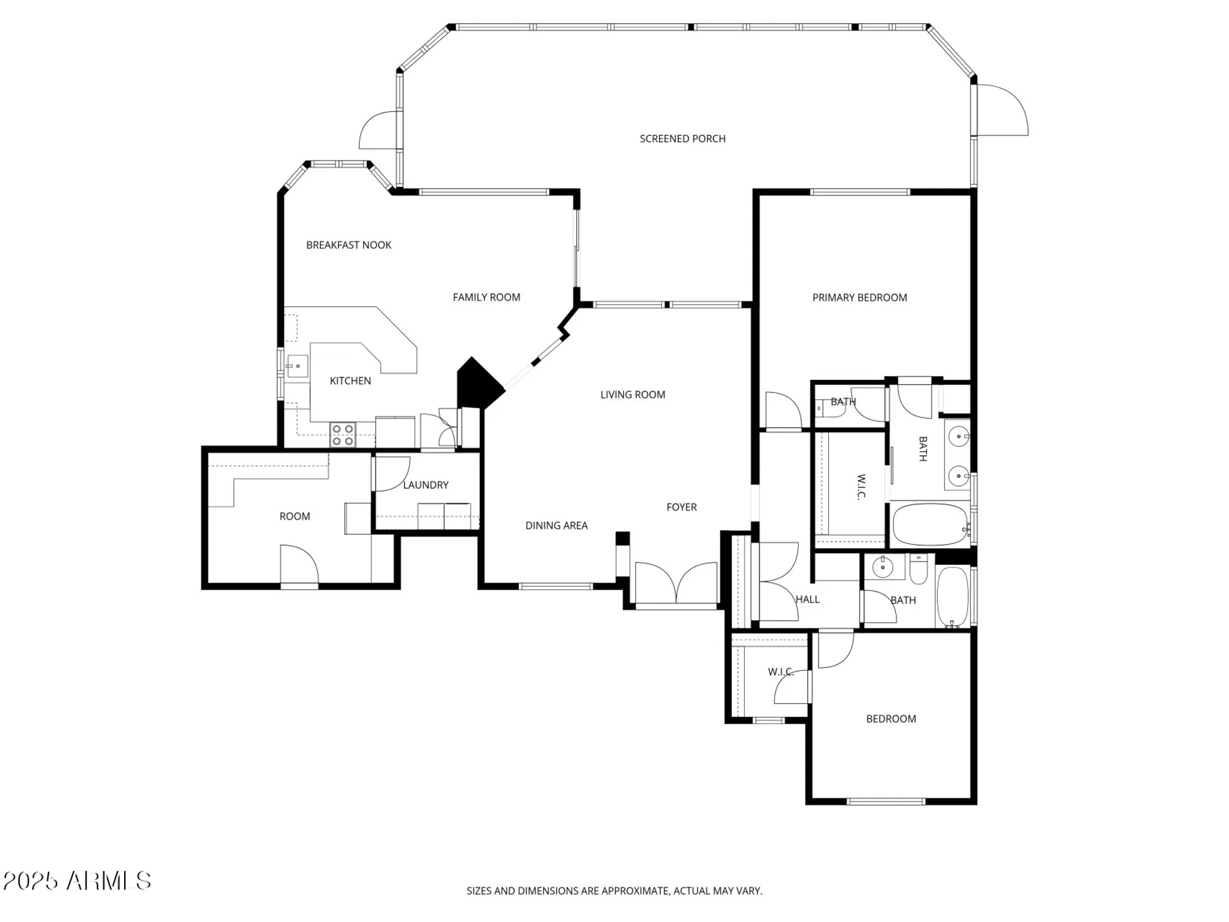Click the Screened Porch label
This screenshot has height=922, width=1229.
[682, 139]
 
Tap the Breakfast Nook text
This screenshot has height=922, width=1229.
[348, 245]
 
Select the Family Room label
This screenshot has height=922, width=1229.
[486, 297]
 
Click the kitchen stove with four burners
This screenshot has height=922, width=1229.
[343, 435]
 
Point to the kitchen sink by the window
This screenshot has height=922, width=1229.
[297, 366]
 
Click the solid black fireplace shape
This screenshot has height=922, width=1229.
[476, 385]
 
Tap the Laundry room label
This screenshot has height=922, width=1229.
[425, 485]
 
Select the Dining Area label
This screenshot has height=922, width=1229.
[556, 526]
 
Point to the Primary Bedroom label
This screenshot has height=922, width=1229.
[859, 297]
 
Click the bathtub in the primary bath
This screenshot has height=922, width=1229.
[929, 525]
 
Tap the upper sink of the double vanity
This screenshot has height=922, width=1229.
[958, 437]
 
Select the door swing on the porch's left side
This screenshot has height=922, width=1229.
[380, 130]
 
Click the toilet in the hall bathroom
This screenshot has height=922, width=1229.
[919, 570]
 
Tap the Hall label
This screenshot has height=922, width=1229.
[807, 599]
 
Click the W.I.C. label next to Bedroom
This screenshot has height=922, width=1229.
[780, 672]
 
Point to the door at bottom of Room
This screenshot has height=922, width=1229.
[299, 565]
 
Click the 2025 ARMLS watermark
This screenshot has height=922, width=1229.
[77, 881]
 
